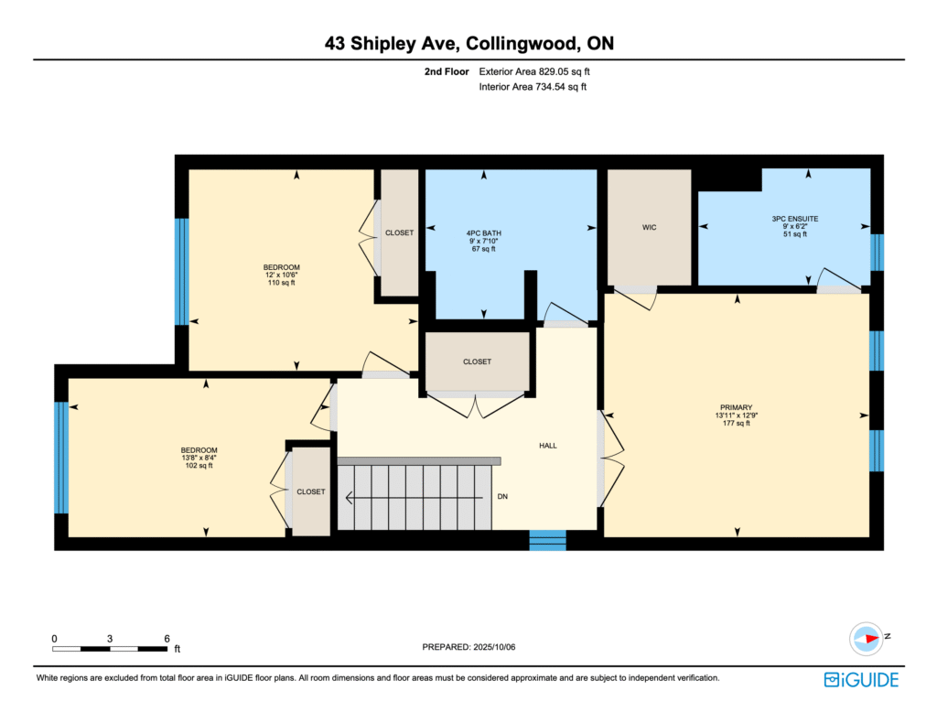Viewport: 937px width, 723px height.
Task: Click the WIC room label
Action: [649, 228]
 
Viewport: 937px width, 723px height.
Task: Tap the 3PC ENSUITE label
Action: [795, 219]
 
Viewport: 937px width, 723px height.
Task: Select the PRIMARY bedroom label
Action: [737, 407]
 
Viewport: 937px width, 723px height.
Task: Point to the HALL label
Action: [548, 446]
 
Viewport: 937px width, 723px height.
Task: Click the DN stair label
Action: [502, 497]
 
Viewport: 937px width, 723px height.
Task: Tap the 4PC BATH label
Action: [484, 233]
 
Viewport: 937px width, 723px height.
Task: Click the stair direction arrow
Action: [415, 498]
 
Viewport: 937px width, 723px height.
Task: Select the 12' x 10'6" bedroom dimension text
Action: [282, 275]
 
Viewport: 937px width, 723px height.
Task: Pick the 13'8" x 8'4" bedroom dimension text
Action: [199, 458]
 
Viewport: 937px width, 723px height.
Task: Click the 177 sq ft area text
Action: [737, 423]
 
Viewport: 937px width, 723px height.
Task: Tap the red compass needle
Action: [872, 638]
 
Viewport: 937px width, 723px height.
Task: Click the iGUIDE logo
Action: [861, 680]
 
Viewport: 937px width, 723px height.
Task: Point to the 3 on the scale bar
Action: [110, 639]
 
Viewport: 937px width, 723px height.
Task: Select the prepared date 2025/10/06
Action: [494, 647]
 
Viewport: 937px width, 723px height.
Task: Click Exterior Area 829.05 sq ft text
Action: [534, 71]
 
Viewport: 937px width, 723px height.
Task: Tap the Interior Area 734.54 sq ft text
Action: [533, 87]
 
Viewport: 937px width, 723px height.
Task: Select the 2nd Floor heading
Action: [447, 71]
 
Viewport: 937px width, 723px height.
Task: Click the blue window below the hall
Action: [547, 540]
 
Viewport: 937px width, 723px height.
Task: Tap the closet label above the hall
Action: [477, 362]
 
